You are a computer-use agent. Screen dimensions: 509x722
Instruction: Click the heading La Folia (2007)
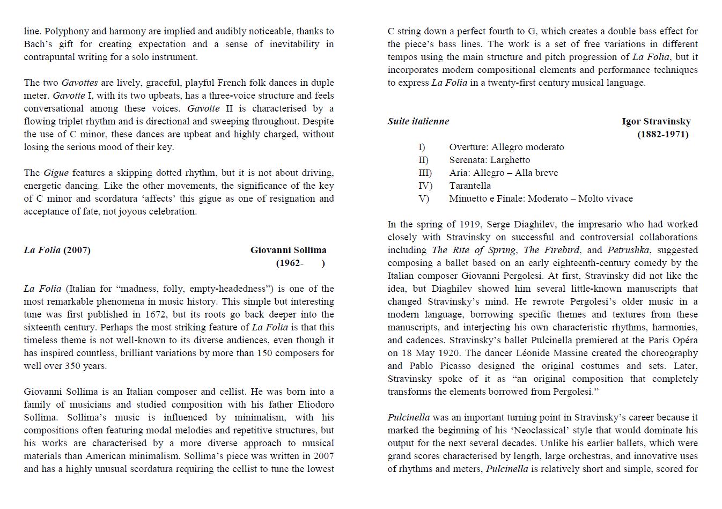coord(57,250)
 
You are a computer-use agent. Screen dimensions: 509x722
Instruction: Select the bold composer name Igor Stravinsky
coord(656,121)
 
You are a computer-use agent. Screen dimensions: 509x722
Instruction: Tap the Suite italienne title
coord(418,121)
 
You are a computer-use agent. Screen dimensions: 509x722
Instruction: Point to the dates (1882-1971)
coord(662,134)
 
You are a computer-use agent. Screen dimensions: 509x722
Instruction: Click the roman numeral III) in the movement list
coord(425,173)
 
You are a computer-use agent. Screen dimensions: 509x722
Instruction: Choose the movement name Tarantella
coord(470,186)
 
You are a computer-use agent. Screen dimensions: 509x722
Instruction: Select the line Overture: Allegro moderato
coord(506,147)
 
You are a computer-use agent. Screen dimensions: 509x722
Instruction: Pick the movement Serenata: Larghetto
coord(489,160)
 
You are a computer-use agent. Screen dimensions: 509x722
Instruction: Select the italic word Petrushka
coord(628,250)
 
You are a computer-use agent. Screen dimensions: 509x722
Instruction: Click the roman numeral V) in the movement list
coord(424,198)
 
